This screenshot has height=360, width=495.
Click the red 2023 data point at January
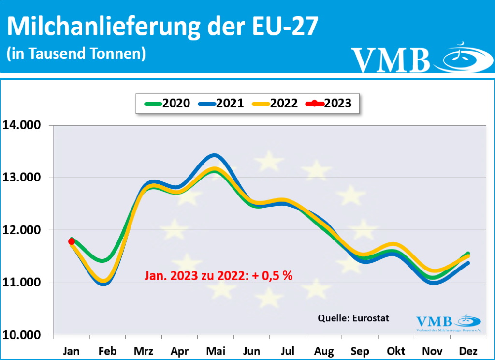click(72, 241)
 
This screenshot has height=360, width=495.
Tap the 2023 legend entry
click(329, 103)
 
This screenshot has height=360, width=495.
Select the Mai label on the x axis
click(216, 351)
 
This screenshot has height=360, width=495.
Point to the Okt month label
click(395, 351)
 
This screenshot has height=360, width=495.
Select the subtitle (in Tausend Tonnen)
click(76, 53)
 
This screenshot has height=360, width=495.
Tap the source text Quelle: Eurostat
click(353, 318)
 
